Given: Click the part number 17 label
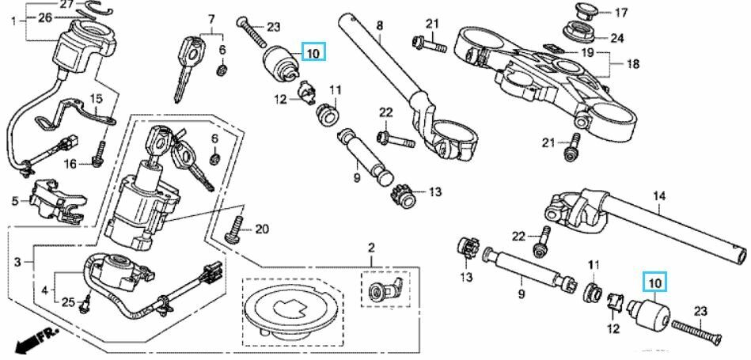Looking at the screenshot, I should tap(621, 12).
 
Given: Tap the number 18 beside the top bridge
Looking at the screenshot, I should tap(632, 63).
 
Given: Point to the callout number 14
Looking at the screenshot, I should tap(659, 195).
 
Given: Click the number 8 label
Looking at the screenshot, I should tap(379, 25).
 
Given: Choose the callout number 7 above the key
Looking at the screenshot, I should tap(211, 18).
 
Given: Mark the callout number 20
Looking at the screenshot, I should tap(262, 229).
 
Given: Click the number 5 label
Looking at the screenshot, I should tap(14, 201).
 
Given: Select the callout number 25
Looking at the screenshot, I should tap(68, 302).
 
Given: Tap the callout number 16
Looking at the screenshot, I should tap(70, 164).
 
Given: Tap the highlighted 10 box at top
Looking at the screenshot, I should tap(313, 53).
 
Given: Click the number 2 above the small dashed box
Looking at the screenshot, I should tap(370, 249).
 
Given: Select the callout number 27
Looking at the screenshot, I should tap(66, 5).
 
